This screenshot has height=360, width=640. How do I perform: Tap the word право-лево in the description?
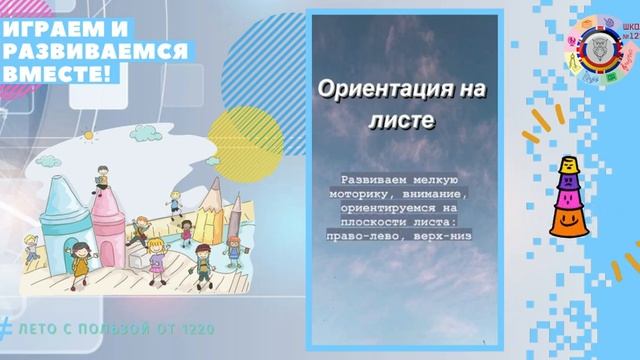[x=369, y=236]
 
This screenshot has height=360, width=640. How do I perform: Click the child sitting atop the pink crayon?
[x=105, y=174]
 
